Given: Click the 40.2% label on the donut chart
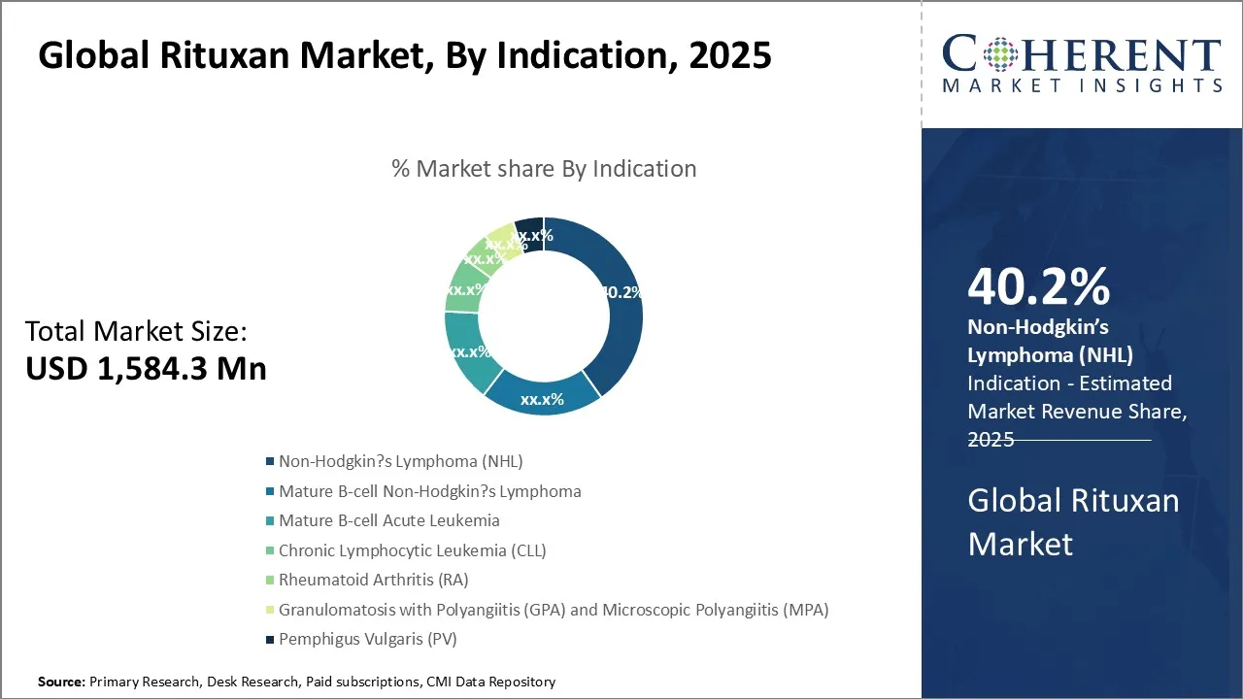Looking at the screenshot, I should [x=621, y=292].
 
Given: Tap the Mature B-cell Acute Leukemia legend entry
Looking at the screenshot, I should [x=388, y=520].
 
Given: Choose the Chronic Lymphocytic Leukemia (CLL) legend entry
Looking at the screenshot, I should [x=412, y=550].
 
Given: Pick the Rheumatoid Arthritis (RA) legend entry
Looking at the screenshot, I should [x=373, y=581].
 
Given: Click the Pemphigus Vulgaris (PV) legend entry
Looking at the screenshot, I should [x=367, y=640].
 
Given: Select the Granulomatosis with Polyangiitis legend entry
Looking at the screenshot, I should [x=553, y=610].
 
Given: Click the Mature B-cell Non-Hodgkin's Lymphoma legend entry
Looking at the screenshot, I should [x=429, y=491].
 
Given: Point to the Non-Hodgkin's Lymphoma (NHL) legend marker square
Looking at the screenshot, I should [x=270, y=462].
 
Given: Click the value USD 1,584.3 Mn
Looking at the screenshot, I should [x=146, y=368].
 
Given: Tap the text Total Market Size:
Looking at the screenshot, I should [x=136, y=332].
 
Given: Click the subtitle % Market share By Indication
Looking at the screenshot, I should [x=544, y=169].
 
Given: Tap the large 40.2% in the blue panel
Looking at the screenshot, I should [x=1038, y=288].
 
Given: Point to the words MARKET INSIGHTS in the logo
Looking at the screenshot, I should [x=1082, y=86].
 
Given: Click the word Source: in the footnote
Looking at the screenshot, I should [x=61, y=682].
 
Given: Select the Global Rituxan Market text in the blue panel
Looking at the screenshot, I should [x=1073, y=521].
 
